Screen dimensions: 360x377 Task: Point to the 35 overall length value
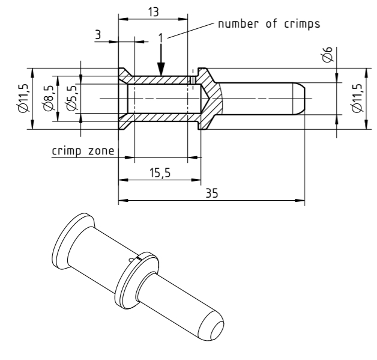210,193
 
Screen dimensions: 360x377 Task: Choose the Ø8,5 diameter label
48,98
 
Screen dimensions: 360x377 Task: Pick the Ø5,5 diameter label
71,98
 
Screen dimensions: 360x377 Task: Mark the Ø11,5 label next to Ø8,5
23,98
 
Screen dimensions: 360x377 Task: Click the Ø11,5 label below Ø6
358,98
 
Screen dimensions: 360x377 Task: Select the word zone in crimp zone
100,151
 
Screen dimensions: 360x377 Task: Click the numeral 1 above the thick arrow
160,37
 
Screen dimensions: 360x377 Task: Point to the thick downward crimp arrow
160,63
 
